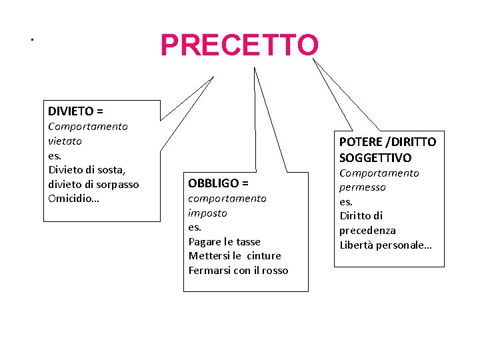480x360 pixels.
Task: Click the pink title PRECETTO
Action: coord(239,45)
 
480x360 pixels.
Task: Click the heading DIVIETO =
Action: coord(75,111)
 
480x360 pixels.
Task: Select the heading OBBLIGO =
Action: coord(218,183)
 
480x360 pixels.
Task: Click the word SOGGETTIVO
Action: coord(375,157)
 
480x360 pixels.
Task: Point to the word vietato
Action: coord(65,141)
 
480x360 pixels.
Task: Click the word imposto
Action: coord(207,213)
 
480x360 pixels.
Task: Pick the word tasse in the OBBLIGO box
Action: coord(246,241)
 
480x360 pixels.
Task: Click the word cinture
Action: coord(264,255)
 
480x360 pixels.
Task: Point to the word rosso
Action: coord(275,270)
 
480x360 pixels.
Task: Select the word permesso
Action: coord(363,187)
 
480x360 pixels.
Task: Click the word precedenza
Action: coord(367,230)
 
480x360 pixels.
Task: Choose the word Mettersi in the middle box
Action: coord(208,255)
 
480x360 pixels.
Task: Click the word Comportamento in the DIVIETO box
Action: coord(88,126)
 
